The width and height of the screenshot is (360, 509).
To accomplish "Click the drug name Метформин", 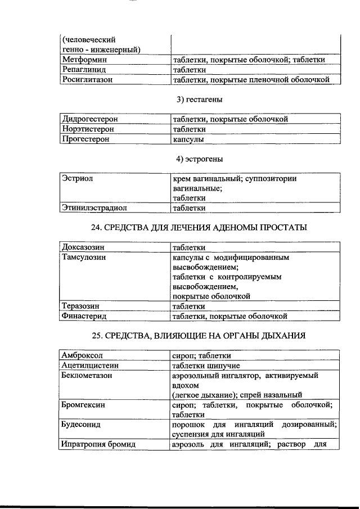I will [85, 60].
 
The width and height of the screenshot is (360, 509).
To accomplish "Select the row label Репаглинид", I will [85, 70].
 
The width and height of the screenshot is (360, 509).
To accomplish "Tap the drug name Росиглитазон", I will [88, 80].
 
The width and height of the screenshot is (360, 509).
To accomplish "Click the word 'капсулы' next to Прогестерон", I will [188, 139].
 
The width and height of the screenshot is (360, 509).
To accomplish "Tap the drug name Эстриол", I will [78, 179].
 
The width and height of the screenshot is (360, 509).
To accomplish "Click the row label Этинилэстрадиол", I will [94, 208].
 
